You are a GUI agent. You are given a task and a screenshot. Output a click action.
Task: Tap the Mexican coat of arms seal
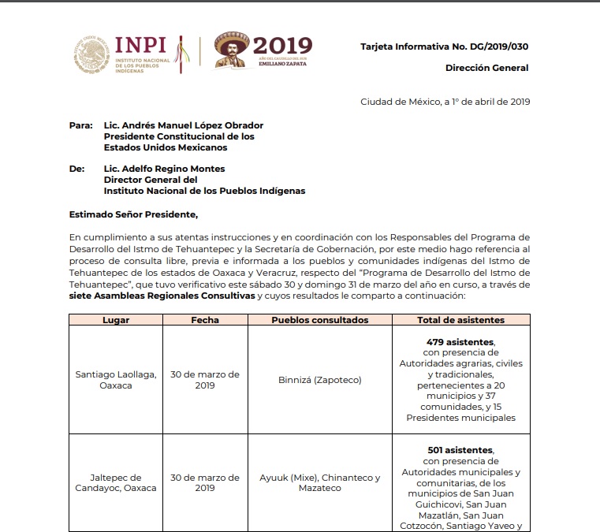[x=92, y=54]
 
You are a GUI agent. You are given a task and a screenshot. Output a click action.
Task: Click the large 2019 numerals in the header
[x=284, y=45]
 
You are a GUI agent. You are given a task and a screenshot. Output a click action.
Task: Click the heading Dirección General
[x=486, y=68]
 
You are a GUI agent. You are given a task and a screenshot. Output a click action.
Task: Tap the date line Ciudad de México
[x=445, y=102]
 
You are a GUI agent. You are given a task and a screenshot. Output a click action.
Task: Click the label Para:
[x=81, y=125]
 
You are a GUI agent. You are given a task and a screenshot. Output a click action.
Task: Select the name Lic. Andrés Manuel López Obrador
[x=184, y=125]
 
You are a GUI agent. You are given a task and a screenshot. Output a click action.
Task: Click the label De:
[x=76, y=169]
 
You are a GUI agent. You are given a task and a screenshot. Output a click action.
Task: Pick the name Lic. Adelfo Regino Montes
[x=164, y=169]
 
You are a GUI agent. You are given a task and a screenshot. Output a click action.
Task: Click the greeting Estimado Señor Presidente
[x=133, y=214]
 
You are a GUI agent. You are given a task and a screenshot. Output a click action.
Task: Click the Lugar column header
[x=115, y=320]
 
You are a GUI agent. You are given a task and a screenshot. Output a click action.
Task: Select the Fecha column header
[x=205, y=320]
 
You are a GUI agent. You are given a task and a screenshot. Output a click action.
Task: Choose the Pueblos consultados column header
[x=319, y=320]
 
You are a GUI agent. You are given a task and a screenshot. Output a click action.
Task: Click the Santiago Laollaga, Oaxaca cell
[x=115, y=380]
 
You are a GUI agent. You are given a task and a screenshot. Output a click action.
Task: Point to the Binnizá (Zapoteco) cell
[x=319, y=380]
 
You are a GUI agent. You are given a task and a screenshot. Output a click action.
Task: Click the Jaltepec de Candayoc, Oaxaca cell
[x=115, y=482]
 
